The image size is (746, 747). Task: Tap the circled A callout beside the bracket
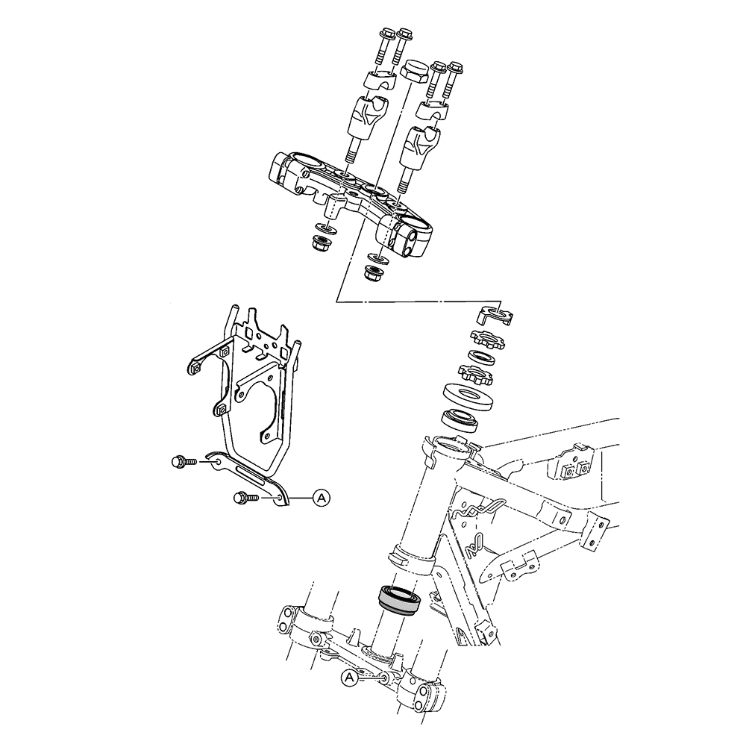click(x=321, y=498)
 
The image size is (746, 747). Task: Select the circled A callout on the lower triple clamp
click(x=350, y=678)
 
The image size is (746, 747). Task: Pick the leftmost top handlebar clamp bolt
click(x=385, y=48)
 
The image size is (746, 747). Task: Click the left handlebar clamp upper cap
click(x=380, y=80)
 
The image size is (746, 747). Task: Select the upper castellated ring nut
click(x=488, y=339)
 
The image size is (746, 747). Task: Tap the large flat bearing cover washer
click(x=466, y=396)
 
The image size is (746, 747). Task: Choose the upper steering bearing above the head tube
click(x=460, y=420)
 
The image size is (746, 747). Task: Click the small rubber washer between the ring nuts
click(x=481, y=357)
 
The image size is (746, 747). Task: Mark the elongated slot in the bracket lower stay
click(x=249, y=475)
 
